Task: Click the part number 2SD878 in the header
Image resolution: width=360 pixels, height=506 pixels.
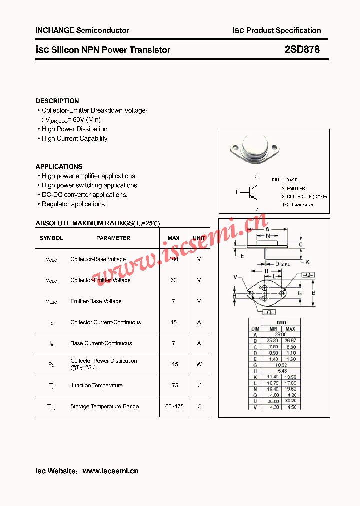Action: [x=302, y=49]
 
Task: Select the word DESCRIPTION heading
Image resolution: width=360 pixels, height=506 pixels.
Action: [x=57, y=101]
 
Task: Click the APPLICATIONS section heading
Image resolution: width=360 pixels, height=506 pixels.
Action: [x=59, y=166]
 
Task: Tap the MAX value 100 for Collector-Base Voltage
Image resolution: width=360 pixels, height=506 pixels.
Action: [x=173, y=259]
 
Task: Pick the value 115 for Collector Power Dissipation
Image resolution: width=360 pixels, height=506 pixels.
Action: [x=173, y=364]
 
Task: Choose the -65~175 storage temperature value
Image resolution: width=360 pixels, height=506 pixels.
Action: [x=173, y=406]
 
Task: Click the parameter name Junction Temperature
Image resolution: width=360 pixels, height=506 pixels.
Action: [x=96, y=385]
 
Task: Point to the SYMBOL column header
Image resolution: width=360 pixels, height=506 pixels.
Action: [x=51, y=238]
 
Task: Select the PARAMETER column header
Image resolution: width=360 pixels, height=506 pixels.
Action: [x=113, y=238]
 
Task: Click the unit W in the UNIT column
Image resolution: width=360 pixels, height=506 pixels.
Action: [x=199, y=364]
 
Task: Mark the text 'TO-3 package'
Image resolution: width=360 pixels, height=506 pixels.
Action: [x=297, y=204]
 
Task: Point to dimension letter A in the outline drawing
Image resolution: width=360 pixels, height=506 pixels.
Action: [x=267, y=229]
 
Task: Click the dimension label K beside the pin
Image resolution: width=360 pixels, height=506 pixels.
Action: [x=307, y=262]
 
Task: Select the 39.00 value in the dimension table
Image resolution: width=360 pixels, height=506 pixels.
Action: [x=281, y=334]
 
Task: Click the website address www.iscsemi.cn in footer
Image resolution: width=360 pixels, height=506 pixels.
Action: [x=110, y=471]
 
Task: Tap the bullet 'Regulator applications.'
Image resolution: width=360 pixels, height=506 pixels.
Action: [x=74, y=204]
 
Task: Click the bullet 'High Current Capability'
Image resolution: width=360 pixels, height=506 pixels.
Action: [x=74, y=138]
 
